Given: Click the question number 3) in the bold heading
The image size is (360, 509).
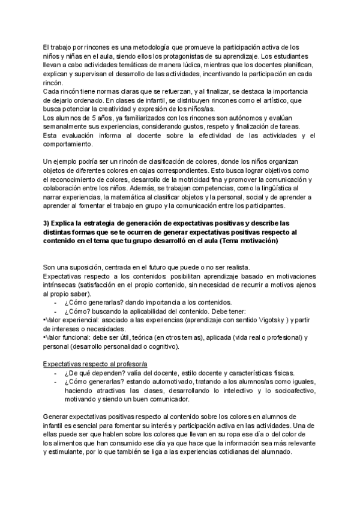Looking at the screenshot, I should (47, 223).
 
